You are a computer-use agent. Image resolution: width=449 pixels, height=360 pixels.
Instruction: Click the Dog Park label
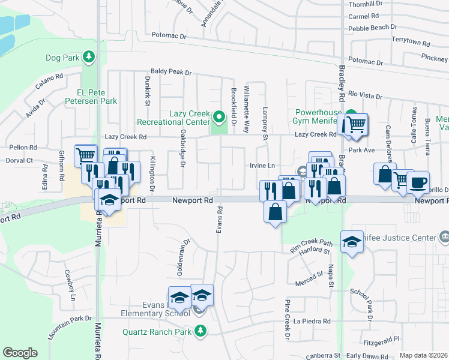62,58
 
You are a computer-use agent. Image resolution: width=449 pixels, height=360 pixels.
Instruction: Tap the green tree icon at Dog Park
89,57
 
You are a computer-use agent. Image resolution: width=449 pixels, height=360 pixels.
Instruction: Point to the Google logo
20,353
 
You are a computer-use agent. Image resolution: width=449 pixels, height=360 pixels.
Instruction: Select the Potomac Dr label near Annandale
169,37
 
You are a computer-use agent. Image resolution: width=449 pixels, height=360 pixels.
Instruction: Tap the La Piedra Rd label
312,321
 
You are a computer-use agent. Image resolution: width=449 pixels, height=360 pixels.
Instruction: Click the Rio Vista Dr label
365,95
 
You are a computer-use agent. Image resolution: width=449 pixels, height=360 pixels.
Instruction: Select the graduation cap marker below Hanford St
352,242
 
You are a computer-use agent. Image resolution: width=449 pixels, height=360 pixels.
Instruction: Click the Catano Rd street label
49,82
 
